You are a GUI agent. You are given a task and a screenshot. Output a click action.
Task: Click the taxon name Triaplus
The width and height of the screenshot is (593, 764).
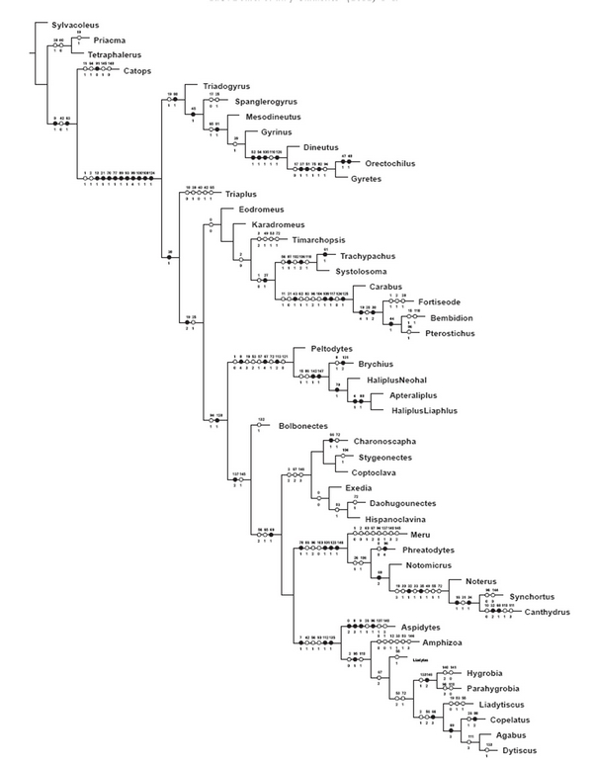click(x=242, y=195)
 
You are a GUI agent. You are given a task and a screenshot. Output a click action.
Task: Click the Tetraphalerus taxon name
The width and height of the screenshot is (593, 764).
click(x=117, y=54)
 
